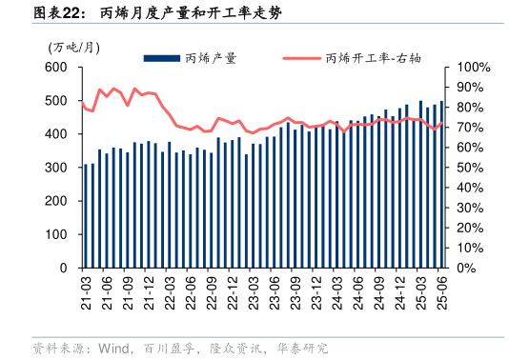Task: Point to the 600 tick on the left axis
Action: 56,68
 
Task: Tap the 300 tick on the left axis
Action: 56,168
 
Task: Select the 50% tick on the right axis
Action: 470,168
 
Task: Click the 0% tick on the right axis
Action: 466,268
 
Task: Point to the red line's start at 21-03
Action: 82,103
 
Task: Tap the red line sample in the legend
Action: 301,58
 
